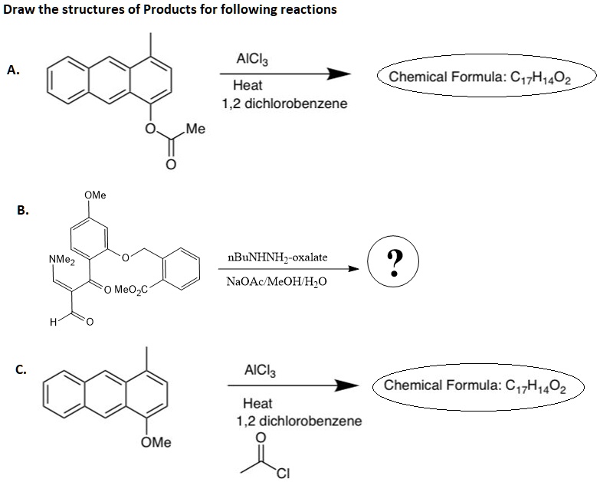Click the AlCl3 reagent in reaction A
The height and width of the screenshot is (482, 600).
[x=253, y=58]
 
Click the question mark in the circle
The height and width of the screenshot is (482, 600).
[x=393, y=263]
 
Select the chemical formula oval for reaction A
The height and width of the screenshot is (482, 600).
[x=487, y=77]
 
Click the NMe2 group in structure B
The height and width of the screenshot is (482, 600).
[x=61, y=259]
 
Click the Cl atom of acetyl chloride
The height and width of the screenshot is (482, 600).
[x=284, y=472]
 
